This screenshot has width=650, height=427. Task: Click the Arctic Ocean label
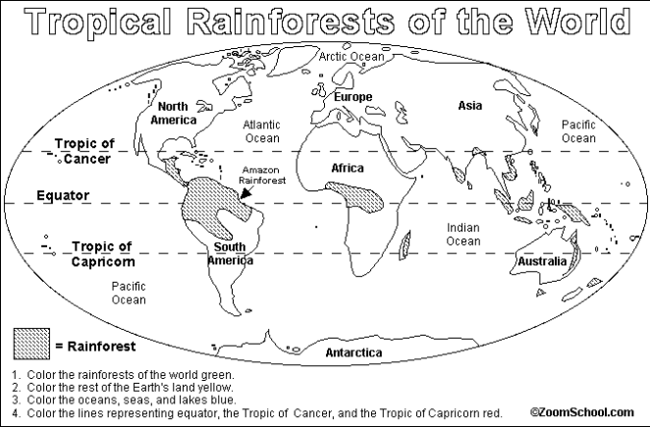pos(352,57)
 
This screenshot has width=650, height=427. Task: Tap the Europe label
pos(353,97)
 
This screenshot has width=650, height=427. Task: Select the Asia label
pos(468,104)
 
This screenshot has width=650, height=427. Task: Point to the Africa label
pos(347,169)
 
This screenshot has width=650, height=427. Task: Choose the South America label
pos(233,253)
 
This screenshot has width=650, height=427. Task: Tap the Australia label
pos(541,262)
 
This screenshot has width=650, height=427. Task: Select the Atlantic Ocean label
pos(262,132)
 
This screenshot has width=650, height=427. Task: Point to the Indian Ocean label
pos(462,234)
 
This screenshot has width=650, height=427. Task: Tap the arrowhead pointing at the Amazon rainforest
pos(244,194)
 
